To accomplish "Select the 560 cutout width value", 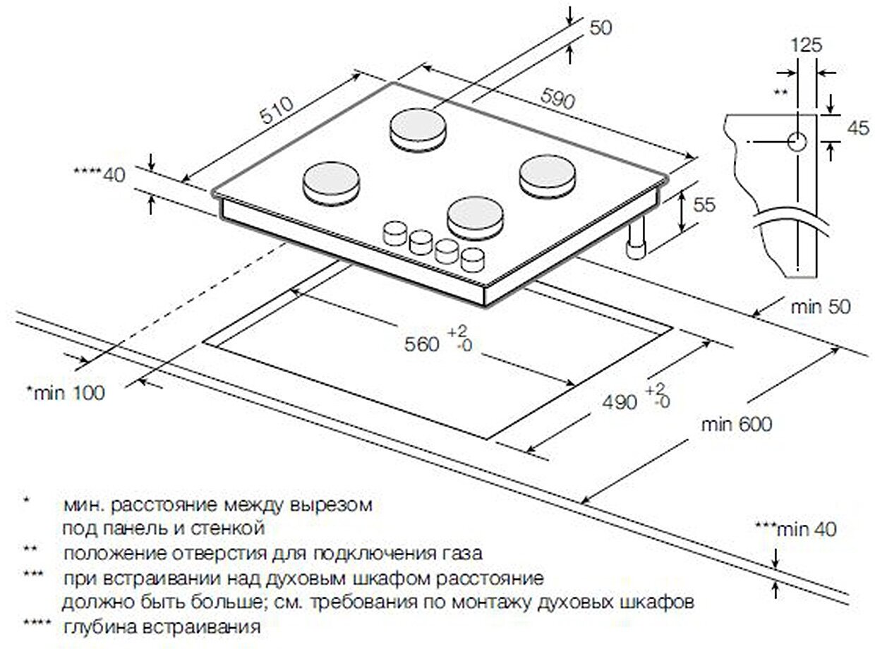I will [x=422, y=344].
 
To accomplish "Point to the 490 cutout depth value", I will [x=618, y=401].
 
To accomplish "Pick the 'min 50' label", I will [x=821, y=307].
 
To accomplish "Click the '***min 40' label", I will [x=795, y=528].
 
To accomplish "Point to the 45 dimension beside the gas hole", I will [x=857, y=128].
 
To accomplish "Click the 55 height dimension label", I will [x=704, y=205].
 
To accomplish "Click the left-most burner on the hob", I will [x=332, y=181].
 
